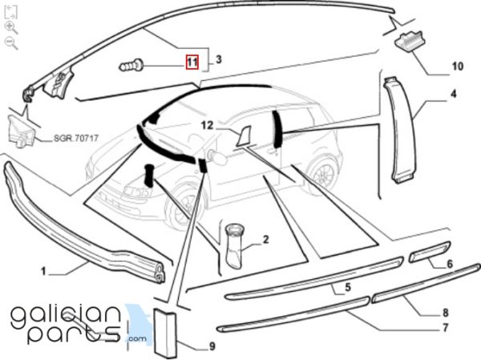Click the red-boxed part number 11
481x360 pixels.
click(192, 62)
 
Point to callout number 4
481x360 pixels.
click(453, 95)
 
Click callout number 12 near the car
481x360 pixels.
click(206, 126)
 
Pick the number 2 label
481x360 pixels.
click(265, 239)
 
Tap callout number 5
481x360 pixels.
click(347, 287)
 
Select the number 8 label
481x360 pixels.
click(445, 313)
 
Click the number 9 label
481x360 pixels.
click(212, 346)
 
